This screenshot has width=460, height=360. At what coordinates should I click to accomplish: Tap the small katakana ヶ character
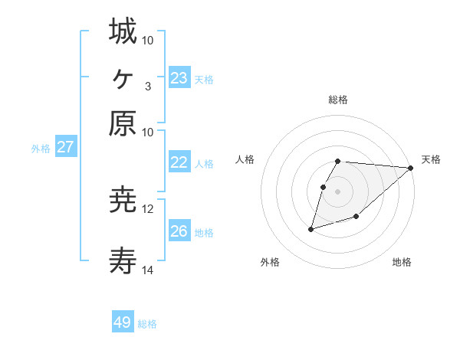pos(123,77)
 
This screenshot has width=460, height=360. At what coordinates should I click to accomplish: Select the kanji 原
pos(123,124)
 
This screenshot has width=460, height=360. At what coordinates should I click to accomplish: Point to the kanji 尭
pos(123,201)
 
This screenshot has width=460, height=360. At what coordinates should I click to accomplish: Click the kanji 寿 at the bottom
pos(123,263)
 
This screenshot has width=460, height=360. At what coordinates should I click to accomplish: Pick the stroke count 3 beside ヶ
pos(147,85)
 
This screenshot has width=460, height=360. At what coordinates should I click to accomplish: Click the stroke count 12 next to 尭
pos(148,208)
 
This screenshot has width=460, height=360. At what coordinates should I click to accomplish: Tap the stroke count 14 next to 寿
pos(148,270)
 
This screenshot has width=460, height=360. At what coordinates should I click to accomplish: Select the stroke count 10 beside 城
pos(148,39)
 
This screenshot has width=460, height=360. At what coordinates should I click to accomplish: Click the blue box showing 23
pos(179,78)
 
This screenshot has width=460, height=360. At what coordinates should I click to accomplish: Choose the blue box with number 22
pos(179,162)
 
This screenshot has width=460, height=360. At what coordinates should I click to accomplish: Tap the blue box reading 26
pos(179,231)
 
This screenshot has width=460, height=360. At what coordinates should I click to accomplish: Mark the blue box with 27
pos(65,148)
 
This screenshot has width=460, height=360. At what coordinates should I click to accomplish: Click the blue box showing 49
pos(123,322)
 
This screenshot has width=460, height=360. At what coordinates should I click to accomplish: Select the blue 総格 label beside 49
pos(147,324)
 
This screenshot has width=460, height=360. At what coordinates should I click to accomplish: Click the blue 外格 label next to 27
pos(41,149)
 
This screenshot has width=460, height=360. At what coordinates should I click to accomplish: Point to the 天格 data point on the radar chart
pos(411,168)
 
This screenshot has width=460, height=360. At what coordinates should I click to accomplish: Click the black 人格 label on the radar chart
pos(245,159)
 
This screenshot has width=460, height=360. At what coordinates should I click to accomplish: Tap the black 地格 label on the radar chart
pos(402,262)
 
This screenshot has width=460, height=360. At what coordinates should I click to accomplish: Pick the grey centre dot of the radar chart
pos(337,191)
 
